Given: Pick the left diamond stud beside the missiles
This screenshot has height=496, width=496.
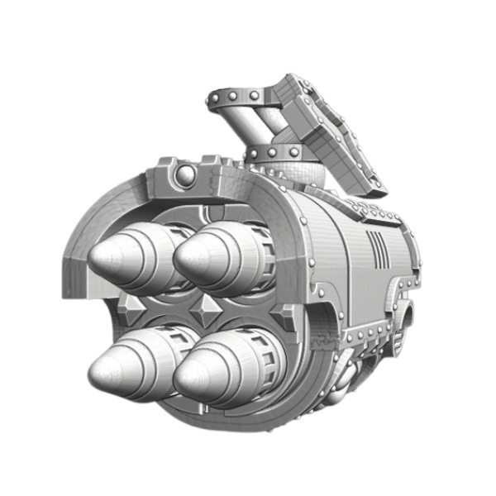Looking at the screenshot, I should (x=130, y=306).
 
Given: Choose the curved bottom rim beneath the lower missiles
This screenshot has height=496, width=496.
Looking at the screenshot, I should (x=223, y=417).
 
